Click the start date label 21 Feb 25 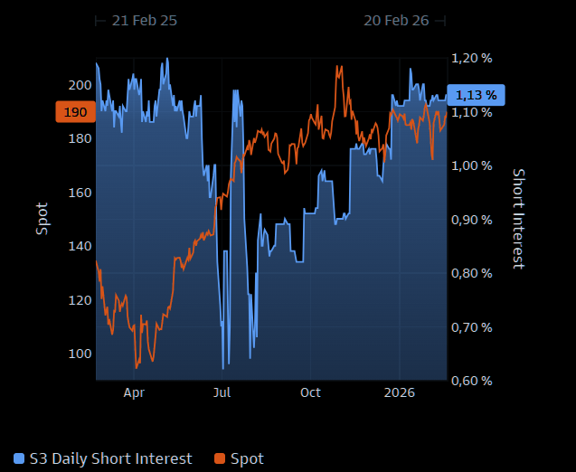(145, 20)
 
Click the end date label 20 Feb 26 (396, 20)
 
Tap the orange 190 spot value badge (75, 112)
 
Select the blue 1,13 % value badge (477, 95)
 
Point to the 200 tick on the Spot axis (80, 85)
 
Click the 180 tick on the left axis (80, 138)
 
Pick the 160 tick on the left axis (80, 193)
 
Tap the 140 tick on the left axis (80, 246)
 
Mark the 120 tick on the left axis (80, 300)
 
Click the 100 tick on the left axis (80, 354)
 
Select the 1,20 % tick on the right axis (472, 58)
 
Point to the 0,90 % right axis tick (472, 220)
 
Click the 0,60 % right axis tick (472, 381)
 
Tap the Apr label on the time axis (134, 392)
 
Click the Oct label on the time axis (310, 392)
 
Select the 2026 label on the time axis (399, 392)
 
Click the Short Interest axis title (518, 219)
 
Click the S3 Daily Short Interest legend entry (103, 458)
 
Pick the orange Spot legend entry (239, 458)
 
